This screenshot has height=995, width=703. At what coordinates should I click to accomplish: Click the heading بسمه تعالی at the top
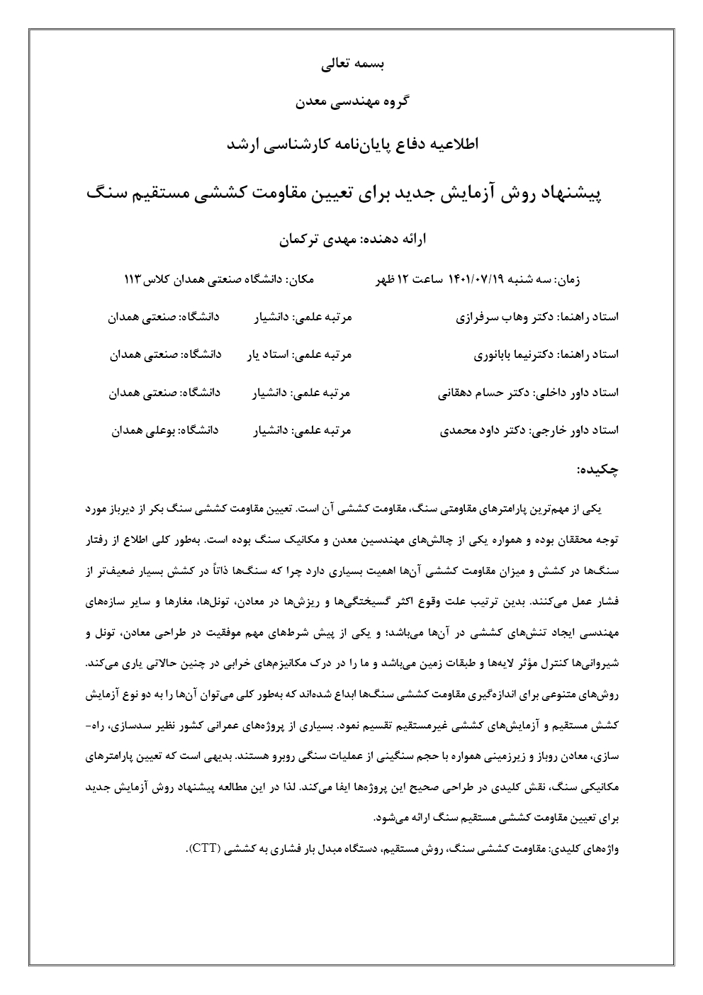352,64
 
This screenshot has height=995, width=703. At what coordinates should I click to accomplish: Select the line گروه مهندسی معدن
351,102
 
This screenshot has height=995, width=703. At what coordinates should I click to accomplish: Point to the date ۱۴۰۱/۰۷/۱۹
476,280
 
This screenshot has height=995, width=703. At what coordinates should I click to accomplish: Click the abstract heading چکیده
598,468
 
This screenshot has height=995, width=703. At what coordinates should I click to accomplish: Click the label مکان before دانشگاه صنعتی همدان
301,280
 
